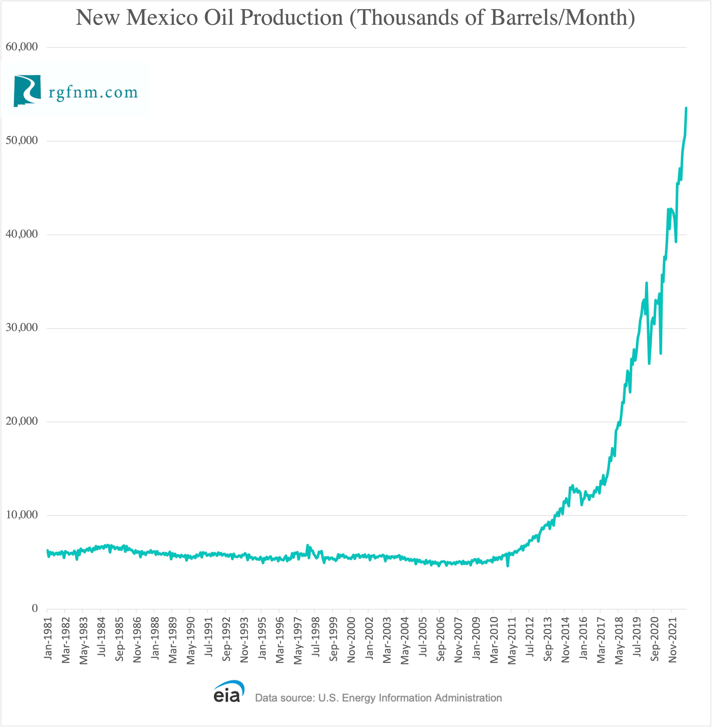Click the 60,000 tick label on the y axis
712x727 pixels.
[22, 47]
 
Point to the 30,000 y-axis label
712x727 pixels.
[22, 328]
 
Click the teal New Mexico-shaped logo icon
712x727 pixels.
[27, 91]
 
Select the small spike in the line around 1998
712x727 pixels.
[307, 546]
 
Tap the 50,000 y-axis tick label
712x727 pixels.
[22, 140]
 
